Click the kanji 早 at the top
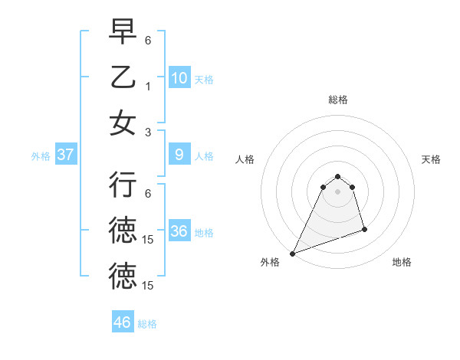click(123, 32)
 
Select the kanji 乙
click(123, 77)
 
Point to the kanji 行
click(123, 185)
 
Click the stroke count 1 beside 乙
click(149, 87)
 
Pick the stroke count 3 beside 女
click(149, 132)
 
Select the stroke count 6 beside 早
click(149, 38)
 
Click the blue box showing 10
click(179, 78)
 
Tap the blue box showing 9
click(179, 155)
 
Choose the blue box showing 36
click(179, 231)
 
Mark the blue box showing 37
click(66, 155)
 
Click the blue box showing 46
click(123, 322)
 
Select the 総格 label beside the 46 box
click(147, 324)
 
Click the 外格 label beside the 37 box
click(41, 155)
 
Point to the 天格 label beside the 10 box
click(204, 79)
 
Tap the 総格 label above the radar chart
click(337, 100)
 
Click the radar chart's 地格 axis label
click(402, 262)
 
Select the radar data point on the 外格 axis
click(292, 253)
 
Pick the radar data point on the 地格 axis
click(364, 229)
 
